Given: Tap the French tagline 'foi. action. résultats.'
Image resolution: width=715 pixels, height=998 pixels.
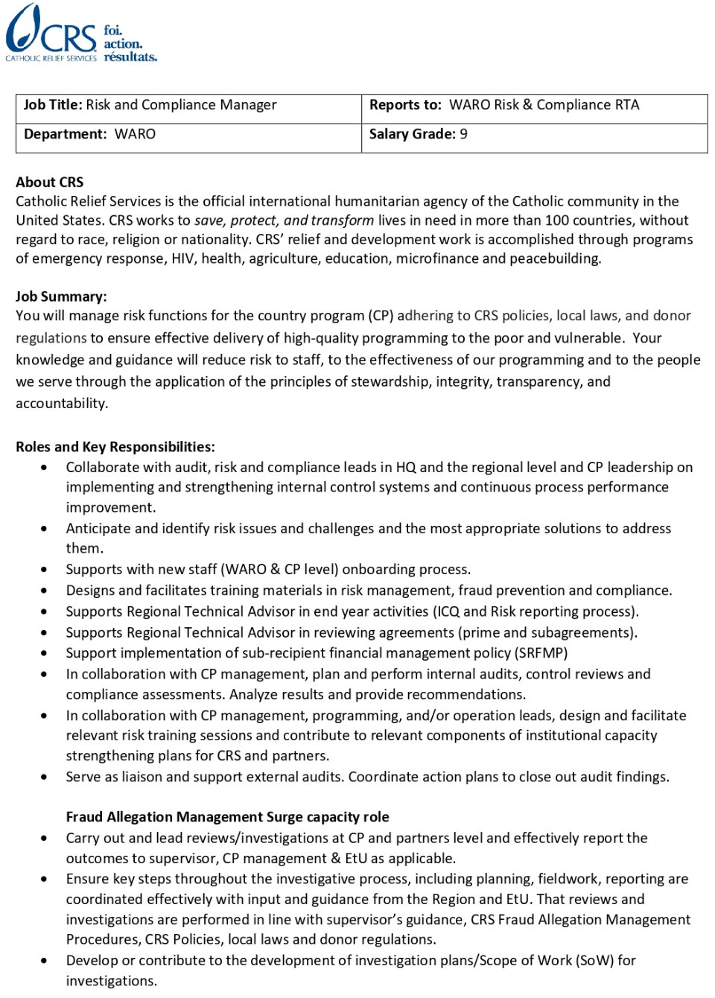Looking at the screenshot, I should coord(130,43).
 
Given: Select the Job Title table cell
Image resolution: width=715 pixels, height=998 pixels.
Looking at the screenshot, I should coord(188,106).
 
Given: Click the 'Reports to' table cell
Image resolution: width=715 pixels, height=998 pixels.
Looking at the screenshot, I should coord(533,106).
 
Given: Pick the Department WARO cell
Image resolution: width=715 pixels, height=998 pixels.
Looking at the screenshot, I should coord(188,135).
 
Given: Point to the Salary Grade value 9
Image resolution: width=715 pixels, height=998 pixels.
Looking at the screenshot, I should coord(464,135).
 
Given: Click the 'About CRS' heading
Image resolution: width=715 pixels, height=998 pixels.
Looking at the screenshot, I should coord(50,182).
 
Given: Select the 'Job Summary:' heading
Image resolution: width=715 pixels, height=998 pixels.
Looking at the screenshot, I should coord(61,296).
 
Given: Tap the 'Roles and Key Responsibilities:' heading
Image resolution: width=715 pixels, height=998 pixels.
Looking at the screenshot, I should coord(115,447).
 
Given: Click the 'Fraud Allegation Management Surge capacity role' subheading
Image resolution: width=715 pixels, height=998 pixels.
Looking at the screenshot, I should coord(227,817).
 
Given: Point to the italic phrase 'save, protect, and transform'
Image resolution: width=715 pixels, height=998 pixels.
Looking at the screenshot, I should coord(284,220).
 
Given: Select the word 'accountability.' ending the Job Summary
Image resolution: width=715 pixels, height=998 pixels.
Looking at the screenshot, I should coord(62,404).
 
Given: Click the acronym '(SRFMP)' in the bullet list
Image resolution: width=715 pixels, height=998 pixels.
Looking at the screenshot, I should coord(541,653).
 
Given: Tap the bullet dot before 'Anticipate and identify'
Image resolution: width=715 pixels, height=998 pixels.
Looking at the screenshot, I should coord(45,529).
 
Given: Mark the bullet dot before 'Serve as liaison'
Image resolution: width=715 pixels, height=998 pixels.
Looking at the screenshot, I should coord(45,777).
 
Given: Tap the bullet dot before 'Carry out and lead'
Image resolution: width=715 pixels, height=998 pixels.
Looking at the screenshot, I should coord(45,838).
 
